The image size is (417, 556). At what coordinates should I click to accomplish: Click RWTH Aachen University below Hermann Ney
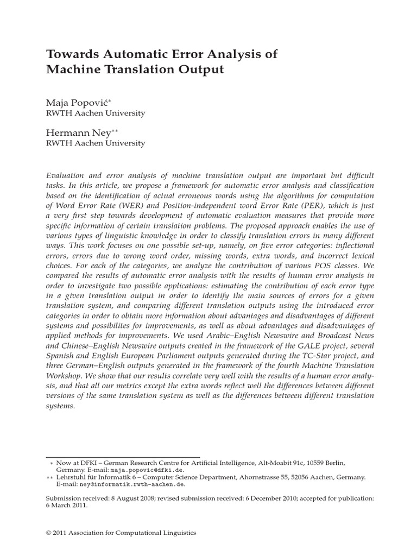point(95,143)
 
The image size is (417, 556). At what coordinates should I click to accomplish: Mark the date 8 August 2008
point(124,497)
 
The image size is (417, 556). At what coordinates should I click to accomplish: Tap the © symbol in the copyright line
point(49,533)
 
